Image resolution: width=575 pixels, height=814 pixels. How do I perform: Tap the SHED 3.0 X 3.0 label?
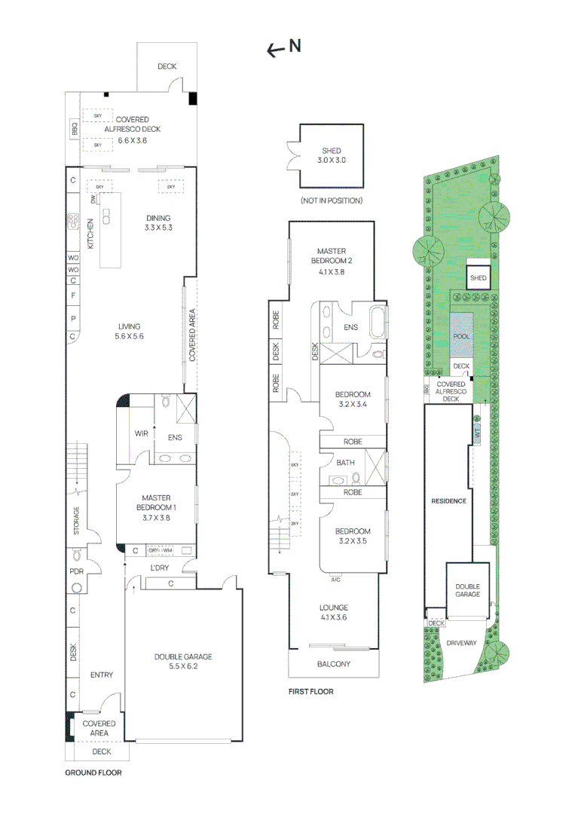point(331,156)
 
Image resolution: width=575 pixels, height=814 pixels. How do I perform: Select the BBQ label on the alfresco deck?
point(74,130)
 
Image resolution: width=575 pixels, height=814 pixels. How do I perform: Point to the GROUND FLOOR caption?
point(93,773)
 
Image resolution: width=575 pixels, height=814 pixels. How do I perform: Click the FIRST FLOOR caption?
point(310,691)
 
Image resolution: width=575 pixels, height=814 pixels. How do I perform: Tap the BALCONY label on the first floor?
point(332,664)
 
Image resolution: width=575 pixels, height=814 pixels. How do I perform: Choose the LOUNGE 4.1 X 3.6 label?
point(332,612)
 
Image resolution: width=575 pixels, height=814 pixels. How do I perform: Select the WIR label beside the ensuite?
point(141,433)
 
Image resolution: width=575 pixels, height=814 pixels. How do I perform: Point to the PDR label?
point(75,572)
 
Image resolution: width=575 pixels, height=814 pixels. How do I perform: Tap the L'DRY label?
point(159,567)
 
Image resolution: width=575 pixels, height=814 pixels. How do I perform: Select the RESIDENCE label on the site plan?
point(448,500)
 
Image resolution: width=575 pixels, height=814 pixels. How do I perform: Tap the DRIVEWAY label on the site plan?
point(461,643)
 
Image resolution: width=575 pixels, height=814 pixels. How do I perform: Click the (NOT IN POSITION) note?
point(331,200)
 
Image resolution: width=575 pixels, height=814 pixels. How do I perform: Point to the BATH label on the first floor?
point(346,463)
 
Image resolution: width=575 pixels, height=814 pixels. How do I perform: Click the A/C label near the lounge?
point(335,580)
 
